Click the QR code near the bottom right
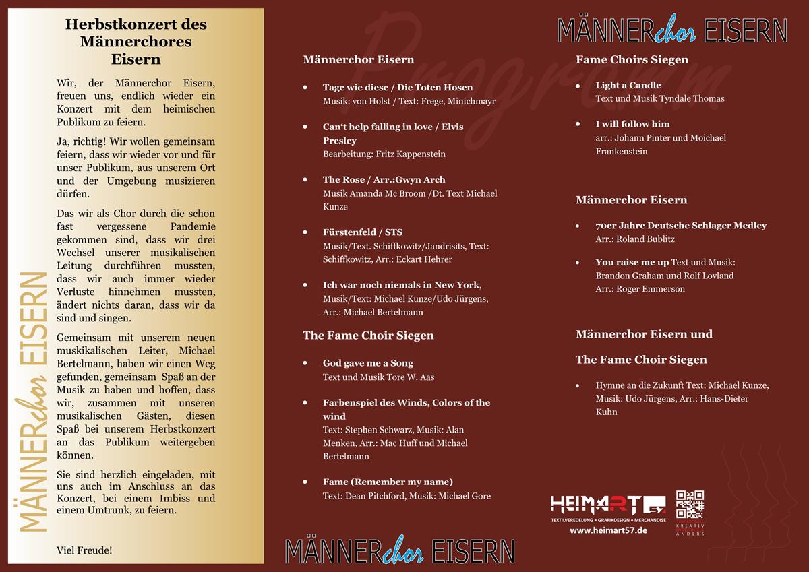click(690, 505)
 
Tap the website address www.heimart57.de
click(608, 530)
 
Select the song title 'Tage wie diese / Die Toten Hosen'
click(398, 88)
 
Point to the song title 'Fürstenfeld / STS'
click(363, 232)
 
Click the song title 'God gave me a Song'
click(368, 363)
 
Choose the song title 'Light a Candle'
click(628, 86)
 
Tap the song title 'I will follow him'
click(632, 124)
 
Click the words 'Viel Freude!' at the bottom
click(84, 550)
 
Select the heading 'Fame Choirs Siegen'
click(632, 60)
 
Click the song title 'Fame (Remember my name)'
click(388, 482)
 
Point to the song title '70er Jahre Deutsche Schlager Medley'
click(681, 226)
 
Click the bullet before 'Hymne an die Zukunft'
click(578, 386)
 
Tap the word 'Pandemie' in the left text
click(193, 227)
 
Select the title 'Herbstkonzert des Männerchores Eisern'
click(136, 41)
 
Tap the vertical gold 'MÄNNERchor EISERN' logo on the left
click(32, 402)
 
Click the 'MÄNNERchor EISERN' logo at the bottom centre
click(400, 551)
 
